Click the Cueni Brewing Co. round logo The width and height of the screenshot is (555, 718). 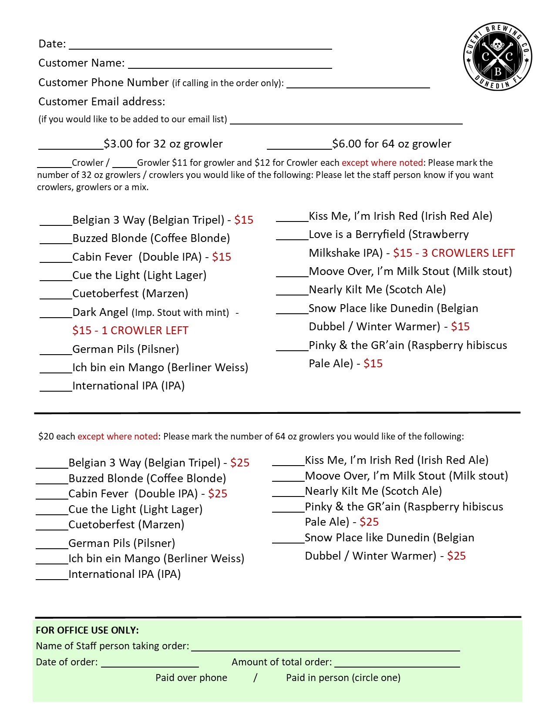[498, 57]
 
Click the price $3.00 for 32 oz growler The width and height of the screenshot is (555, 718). [163, 144]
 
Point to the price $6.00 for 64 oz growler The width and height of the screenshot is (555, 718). [392, 144]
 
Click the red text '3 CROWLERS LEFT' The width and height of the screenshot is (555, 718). [468, 253]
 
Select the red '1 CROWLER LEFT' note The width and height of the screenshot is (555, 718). [145, 331]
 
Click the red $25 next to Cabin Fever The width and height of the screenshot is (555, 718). [218, 494]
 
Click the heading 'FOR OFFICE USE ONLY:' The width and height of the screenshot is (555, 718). [87, 630]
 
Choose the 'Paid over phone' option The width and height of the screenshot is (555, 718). [191, 678]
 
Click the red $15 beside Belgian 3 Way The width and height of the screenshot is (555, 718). [244, 220]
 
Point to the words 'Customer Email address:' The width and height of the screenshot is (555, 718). [102, 102]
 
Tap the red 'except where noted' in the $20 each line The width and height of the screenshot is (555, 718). [118, 436]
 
